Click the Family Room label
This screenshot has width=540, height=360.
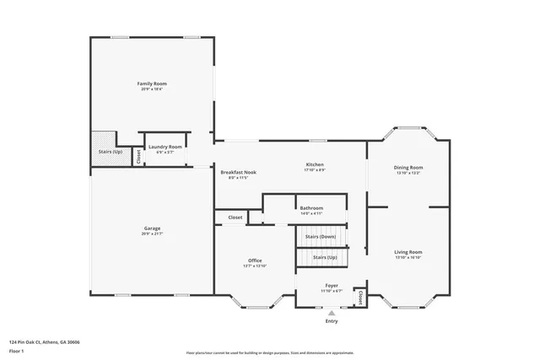(x=153, y=83)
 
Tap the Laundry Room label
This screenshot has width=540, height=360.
(x=165, y=147)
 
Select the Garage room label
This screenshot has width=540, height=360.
(x=152, y=228)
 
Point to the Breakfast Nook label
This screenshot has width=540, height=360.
(x=239, y=172)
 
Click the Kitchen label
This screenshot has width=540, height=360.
(x=314, y=164)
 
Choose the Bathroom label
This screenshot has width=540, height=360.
(x=311, y=207)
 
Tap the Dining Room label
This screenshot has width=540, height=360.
(x=408, y=167)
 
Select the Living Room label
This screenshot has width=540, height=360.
(x=408, y=251)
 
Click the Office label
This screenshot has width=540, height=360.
(x=255, y=260)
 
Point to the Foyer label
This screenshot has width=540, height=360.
(x=332, y=286)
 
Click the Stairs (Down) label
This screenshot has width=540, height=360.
(x=321, y=237)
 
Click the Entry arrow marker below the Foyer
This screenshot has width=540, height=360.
(x=332, y=312)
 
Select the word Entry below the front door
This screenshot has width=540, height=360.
(x=332, y=321)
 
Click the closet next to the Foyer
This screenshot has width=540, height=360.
(x=360, y=297)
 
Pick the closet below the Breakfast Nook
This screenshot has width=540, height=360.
(x=235, y=218)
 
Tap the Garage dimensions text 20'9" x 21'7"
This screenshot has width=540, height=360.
(x=152, y=234)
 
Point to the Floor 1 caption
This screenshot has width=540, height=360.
(x=18, y=350)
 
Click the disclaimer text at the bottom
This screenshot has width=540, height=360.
(x=270, y=352)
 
